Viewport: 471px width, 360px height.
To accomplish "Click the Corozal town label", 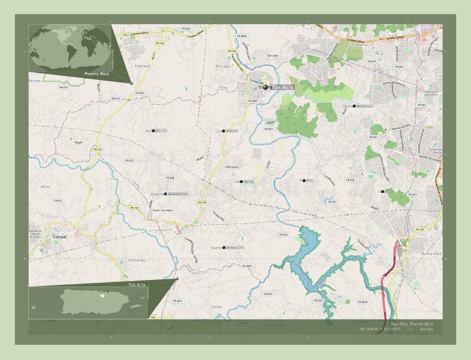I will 60,236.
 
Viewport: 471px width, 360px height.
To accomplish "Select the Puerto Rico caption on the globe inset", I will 97,74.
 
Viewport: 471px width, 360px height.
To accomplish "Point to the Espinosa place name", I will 142,66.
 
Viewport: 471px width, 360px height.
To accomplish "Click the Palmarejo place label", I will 134,259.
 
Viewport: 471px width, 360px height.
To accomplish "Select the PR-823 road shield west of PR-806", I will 129,160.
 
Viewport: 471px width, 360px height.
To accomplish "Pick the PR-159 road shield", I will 135,208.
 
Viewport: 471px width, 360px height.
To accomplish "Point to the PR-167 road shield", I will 419,229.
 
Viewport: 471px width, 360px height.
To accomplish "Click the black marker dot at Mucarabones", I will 354,106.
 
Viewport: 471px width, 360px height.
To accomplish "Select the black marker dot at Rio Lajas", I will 154,131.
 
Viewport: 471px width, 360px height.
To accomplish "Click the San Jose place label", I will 271,56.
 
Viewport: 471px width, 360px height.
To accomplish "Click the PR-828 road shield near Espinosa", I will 140,93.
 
